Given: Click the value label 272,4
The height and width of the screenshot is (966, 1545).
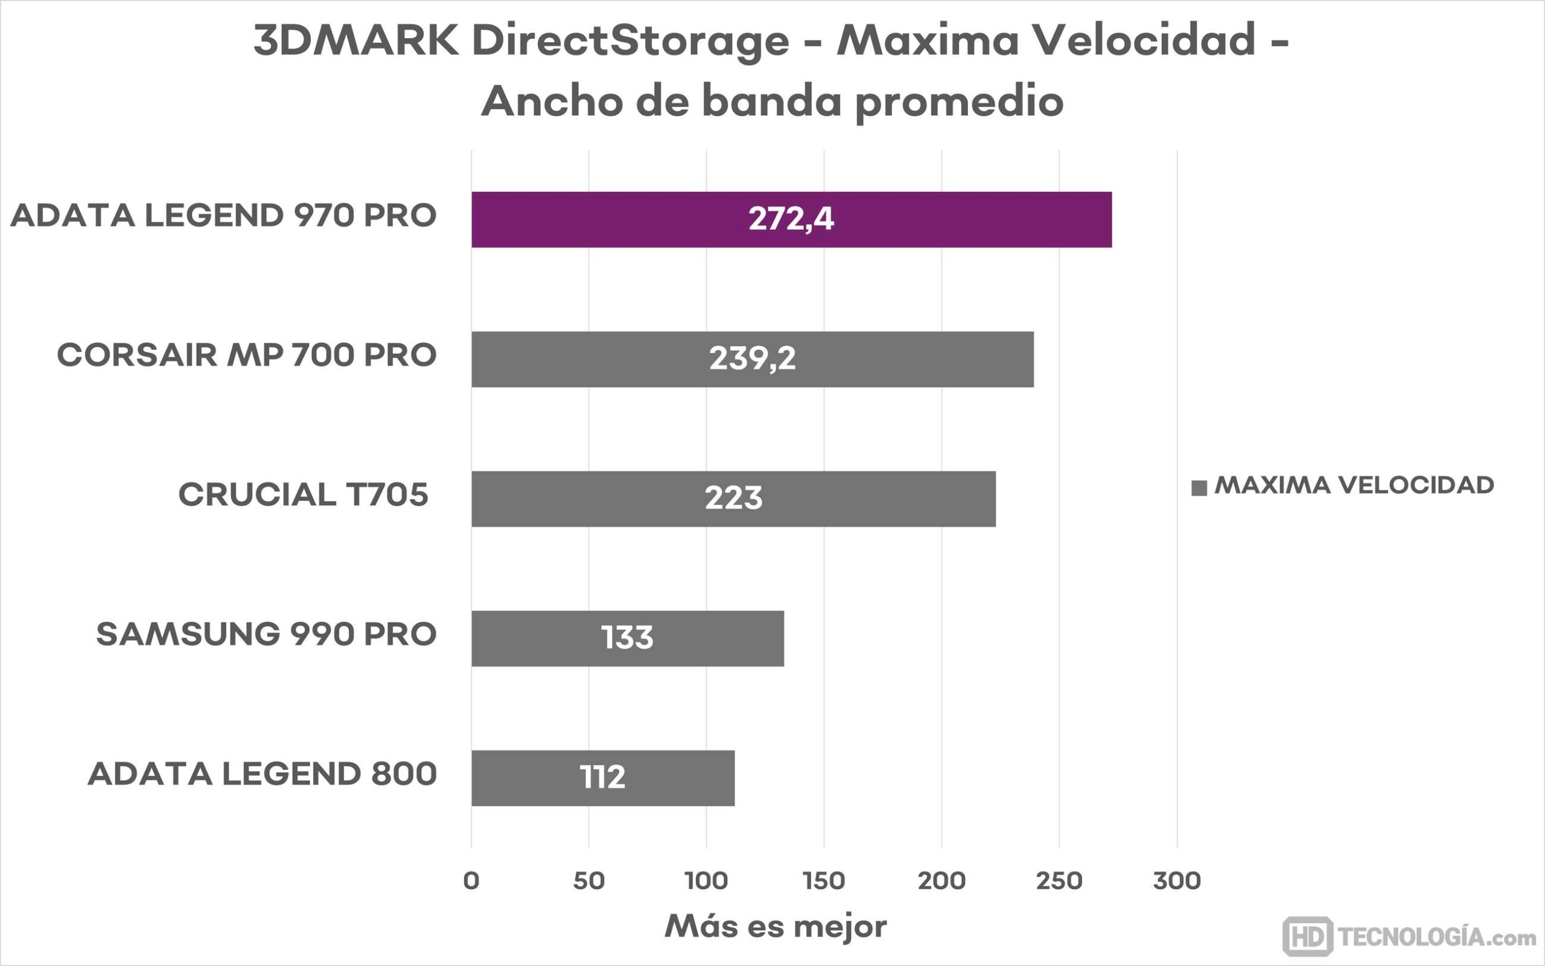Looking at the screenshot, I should click(791, 220).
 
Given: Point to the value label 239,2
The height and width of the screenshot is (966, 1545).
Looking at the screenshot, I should click(752, 359).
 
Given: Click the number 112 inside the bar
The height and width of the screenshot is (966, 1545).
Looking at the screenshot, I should click(602, 778).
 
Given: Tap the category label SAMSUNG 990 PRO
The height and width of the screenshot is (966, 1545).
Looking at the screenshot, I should click(266, 634).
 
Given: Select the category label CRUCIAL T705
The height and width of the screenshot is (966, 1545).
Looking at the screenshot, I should click(302, 495).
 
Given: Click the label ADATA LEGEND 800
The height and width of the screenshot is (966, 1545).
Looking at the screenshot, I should click(262, 774).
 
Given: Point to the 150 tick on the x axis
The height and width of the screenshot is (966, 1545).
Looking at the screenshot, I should click(824, 881).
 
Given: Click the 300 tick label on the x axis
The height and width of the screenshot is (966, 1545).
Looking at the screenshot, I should click(1177, 881).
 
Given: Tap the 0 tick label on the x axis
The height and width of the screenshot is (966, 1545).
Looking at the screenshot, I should click(471, 881).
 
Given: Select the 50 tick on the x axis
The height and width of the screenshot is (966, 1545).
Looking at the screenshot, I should click(588, 881).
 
